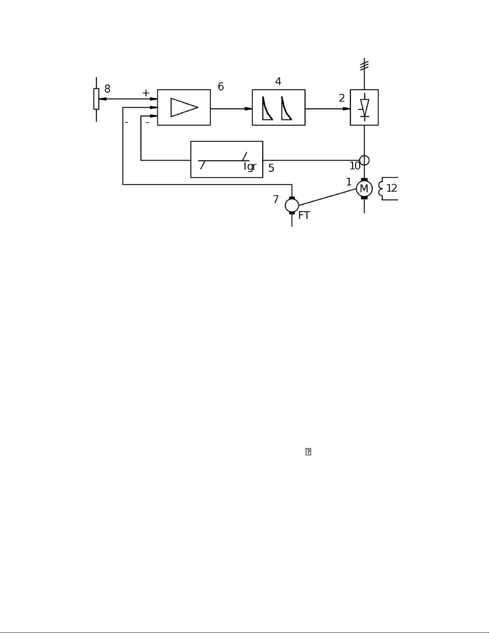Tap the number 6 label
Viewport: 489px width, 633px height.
point(221,87)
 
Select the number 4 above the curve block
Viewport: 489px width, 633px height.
point(278,81)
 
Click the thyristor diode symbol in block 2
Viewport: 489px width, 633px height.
point(364,107)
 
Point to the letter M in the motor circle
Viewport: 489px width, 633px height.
point(364,189)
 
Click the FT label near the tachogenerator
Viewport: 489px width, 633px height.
point(304,216)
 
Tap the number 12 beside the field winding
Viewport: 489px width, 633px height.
point(392,189)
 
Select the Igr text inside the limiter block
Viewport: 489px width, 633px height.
point(250,167)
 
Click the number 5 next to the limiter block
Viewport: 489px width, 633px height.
point(271,168)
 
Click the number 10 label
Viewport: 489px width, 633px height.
point(355,166)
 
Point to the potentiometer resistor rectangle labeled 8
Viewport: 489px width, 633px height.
point(96,99)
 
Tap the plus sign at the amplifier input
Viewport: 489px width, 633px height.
point(146,93)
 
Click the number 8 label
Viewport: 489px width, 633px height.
point(107,89)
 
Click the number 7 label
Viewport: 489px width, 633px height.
point(276,200)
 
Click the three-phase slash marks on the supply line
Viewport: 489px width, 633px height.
point(364,65)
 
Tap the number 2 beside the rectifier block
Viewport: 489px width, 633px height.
point(342,98)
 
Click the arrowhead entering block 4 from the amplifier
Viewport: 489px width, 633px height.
point(248,109)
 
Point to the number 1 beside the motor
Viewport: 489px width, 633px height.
point(349,182)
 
